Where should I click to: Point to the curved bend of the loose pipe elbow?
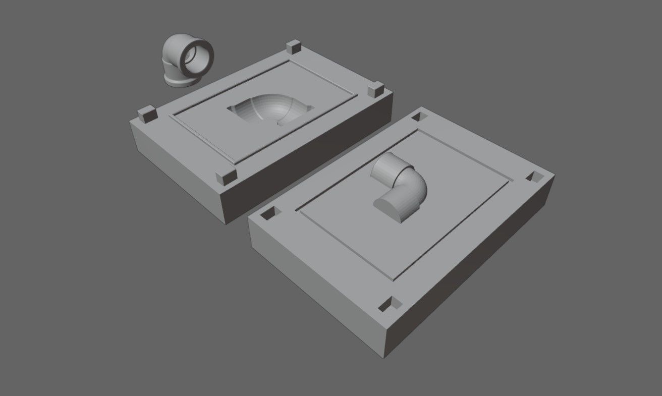tap(174, 50)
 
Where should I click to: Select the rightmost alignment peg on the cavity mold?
tap(374, 91)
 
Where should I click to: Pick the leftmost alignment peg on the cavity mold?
tap(147, 114)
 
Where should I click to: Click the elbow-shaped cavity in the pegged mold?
tap(272, 110)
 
